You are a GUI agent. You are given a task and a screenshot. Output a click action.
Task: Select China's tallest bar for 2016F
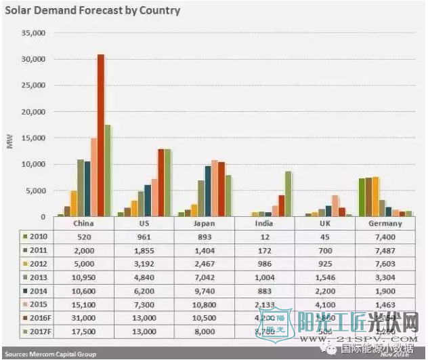(x=101, y=136)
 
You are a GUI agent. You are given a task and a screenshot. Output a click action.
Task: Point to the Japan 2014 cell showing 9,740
(x=207, y=292)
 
